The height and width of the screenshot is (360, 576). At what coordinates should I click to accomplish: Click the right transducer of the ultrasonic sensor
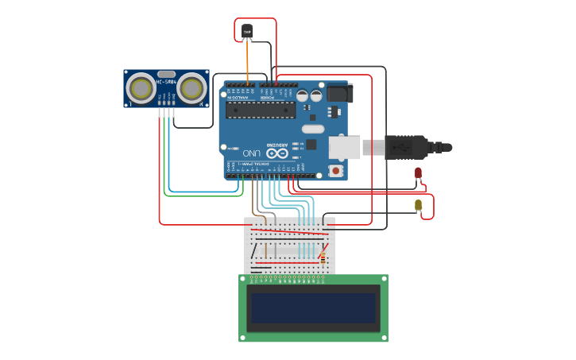click(x=191, y=87)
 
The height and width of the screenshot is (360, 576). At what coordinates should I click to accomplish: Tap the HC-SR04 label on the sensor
click(x=166, y=81)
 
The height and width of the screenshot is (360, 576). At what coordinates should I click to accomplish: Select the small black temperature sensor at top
click(x=247, y=31)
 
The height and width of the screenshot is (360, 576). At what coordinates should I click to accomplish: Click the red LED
click(x=419, y=172)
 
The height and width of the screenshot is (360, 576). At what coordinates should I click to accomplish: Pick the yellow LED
click(x=419, y=205)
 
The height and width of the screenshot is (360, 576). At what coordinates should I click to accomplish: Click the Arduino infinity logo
click(x=277, y=153)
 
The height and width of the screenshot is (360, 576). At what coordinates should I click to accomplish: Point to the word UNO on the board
click(x=252, y=153)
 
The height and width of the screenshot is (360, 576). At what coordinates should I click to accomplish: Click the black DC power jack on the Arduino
click(x=339, y=93)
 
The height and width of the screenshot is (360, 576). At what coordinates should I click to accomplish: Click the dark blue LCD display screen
click(x=313, y=308)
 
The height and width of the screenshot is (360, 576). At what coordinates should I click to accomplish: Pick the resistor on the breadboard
click(x=323, y=257)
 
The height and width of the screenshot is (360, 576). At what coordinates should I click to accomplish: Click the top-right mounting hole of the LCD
click(x=384, y=279)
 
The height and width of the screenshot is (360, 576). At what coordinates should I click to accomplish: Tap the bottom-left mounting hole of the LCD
click(x=243, y=338)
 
